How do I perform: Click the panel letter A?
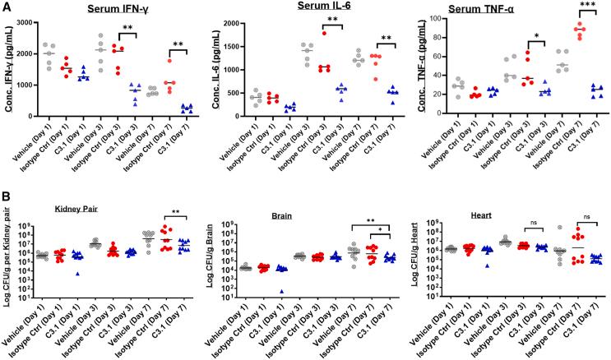coord(7,7)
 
